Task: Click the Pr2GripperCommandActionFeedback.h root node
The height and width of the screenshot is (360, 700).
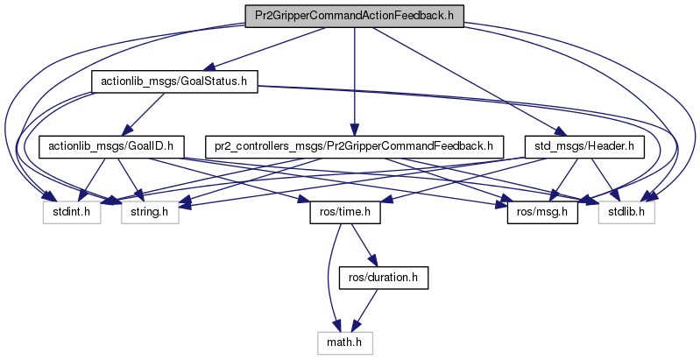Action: (x=353, y=16)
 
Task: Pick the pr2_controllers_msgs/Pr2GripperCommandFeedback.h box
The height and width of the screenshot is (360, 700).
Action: (x=353, y=145)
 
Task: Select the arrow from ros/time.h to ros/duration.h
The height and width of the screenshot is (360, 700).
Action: (x=361, y=244)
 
